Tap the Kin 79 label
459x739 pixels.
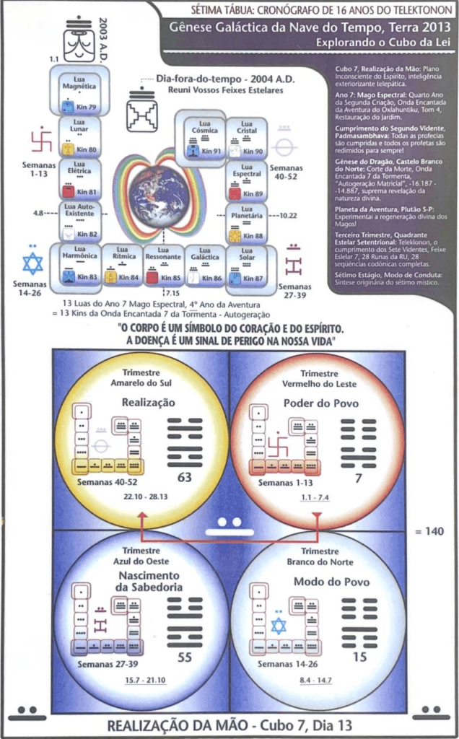[x=87, y=106]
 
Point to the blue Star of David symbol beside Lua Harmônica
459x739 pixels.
[x=32, y=263]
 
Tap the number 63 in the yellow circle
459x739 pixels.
[x=184, y=477]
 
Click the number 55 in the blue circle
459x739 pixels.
[x=184, y=657]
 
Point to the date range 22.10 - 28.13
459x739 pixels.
[x=141, y=497]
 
